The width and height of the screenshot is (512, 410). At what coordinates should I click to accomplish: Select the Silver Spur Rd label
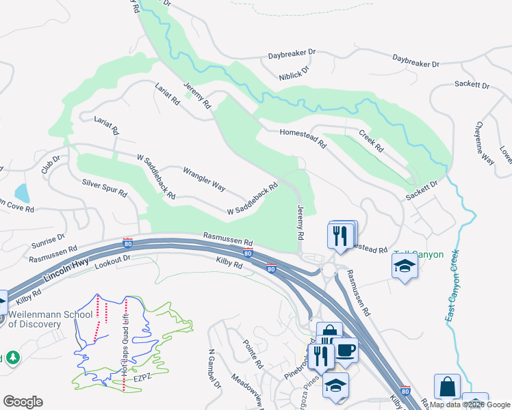(x=105, y=188)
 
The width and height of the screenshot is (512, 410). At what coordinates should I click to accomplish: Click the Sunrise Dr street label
(x=47, y=243)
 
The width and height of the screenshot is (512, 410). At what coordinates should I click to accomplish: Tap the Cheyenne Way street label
(x=485, y=143)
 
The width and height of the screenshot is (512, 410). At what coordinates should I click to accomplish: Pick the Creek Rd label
(x=371, y=139)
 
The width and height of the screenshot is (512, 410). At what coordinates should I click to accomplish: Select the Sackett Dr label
(x=472, y=86)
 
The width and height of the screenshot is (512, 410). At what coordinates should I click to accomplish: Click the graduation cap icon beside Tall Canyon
(x=405, y=266)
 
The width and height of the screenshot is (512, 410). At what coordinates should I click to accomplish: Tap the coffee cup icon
(x=345, y=351)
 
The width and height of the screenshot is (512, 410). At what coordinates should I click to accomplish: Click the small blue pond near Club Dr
(x=21, y=193)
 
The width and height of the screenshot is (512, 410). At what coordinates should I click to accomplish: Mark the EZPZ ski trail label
(x=143, y=376)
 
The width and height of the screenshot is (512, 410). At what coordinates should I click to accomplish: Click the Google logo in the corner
(x=23, y=402)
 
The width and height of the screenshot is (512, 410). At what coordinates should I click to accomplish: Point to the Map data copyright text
(x=470, y=405)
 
